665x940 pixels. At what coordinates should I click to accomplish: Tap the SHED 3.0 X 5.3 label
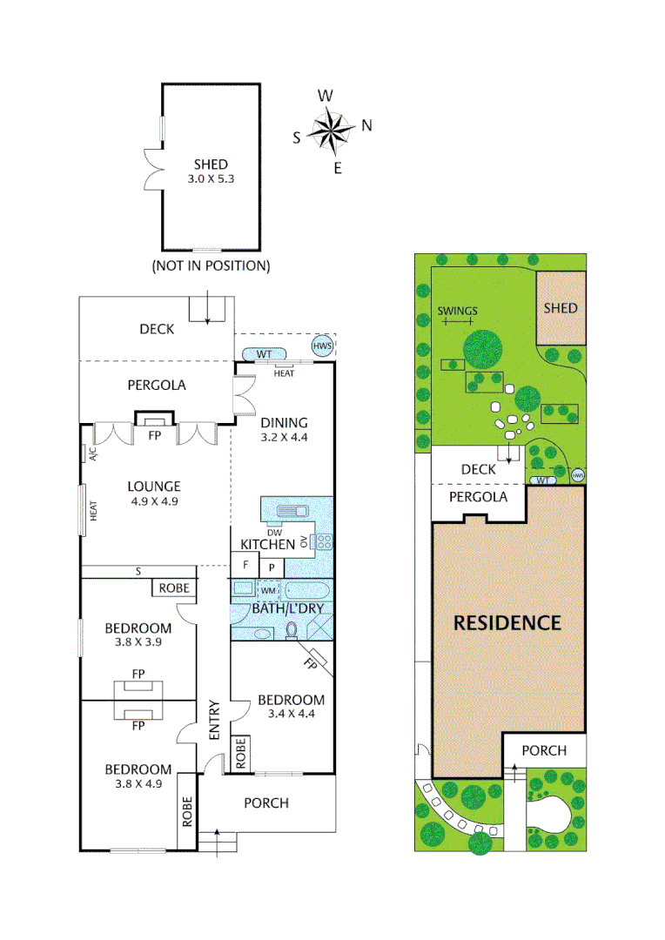click(211, 171)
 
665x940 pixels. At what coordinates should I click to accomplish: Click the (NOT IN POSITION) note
click(211, 265)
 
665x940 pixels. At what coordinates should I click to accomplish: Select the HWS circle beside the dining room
click(323, 346)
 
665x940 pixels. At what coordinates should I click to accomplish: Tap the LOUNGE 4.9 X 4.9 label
click(154, 493)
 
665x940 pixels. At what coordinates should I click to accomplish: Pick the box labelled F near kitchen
click(245, 565)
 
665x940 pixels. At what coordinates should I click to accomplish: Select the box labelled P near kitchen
click(271, 567)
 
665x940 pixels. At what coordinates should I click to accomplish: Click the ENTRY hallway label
click(213, 721)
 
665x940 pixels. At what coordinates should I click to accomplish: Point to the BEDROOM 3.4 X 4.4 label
click(291, 707)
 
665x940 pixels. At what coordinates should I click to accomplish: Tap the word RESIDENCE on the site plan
click(507, 623)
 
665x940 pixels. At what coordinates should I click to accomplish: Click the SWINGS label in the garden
click(457, 311)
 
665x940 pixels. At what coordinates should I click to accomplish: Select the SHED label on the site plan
click(560, 308)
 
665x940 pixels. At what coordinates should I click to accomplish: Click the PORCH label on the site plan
click(543, 750)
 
